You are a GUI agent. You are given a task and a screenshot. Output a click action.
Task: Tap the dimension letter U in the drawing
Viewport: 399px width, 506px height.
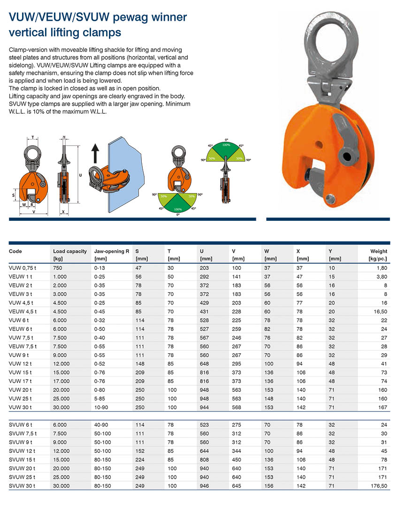coord(81,175)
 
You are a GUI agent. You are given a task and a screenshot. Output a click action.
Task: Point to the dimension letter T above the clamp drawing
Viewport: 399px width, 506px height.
coord(33,138)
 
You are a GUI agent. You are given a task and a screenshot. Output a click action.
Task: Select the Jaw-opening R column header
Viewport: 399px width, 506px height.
coord(112,251)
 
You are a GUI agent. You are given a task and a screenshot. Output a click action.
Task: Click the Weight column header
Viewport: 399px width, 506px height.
coord(379,251)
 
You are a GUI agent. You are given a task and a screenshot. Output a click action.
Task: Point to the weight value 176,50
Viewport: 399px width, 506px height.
coord(379,486)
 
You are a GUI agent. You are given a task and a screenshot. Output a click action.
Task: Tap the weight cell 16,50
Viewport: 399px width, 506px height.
coord(380,311)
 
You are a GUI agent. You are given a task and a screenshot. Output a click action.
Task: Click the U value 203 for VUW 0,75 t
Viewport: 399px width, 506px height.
coord(205,268)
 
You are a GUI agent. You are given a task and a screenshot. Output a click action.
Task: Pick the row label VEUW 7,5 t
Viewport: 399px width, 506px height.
coord(23,346)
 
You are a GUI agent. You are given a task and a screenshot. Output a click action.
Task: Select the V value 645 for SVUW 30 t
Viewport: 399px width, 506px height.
coord(237,486)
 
